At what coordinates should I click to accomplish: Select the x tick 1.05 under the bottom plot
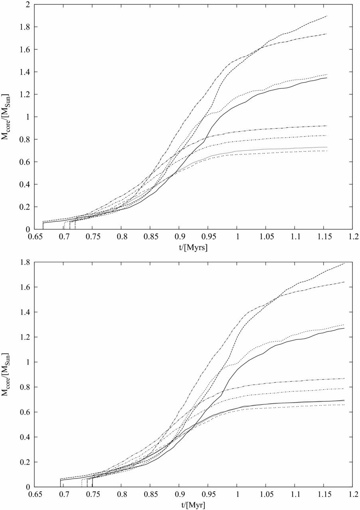266,494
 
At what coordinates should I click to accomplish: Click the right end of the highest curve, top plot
327,16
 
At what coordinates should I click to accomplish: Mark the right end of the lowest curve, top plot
327,151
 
